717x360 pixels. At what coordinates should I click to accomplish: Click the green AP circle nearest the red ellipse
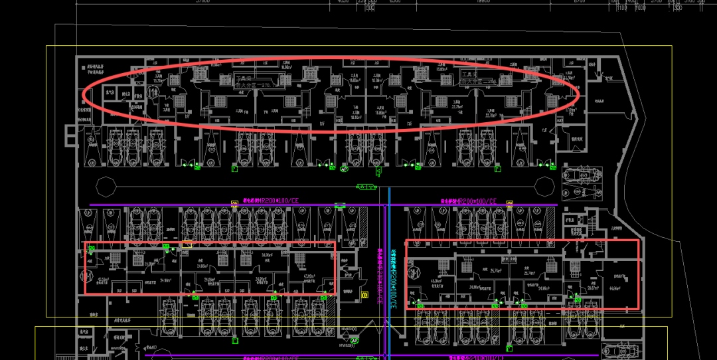344,169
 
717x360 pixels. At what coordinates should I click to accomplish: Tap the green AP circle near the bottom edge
355,341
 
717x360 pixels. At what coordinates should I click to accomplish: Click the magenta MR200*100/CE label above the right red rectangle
468,200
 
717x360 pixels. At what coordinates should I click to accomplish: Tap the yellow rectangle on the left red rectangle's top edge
187,244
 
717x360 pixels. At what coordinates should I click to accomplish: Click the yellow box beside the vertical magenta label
364,294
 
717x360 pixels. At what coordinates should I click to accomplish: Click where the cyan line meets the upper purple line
390,205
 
